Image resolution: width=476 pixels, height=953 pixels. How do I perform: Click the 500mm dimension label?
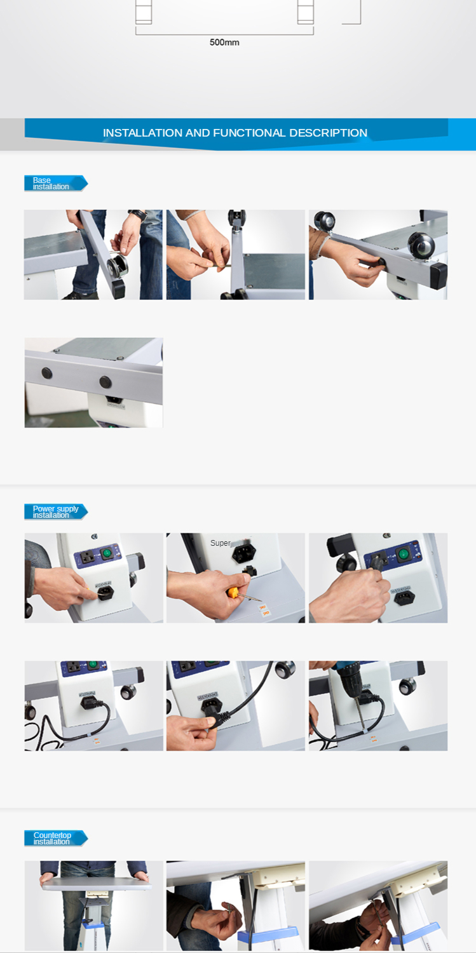224,43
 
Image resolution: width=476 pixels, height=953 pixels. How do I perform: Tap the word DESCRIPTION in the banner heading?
328,133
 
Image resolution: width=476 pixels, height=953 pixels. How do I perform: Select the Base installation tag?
56,184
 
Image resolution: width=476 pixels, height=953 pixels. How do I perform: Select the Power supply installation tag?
56,512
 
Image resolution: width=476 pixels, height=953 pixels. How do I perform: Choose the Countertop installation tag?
56,838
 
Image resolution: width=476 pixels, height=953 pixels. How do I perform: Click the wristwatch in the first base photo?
138,215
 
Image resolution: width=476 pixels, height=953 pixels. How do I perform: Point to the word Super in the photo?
220,543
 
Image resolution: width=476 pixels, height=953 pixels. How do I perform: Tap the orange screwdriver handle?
233,591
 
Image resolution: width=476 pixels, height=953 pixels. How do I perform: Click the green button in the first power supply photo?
106,553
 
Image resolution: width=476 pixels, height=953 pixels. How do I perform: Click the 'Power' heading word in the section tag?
43,508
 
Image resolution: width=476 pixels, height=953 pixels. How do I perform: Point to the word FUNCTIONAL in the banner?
249,133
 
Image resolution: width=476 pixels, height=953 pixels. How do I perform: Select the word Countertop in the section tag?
52,835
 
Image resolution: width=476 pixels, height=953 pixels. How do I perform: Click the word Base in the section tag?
42,180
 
